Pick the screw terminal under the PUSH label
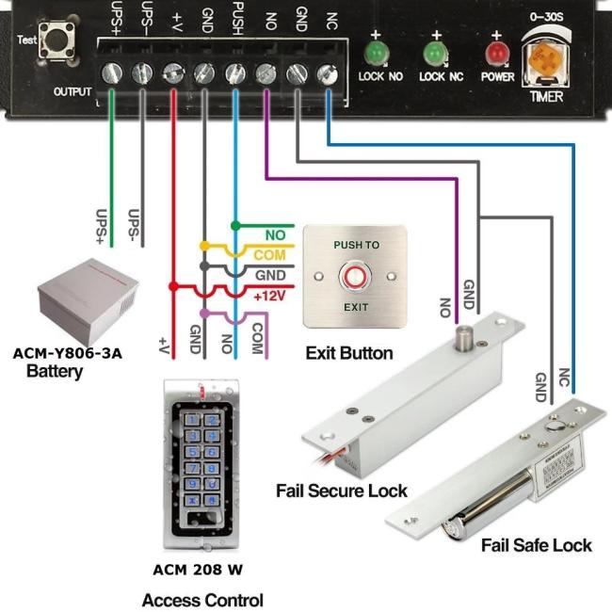pyautogui.click(x=234, y=72)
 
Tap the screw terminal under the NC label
pyautogui.click(x=326, y=72)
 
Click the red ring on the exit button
pyautogui.click(x=356, y=277)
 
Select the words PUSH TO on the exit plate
pyautogui.click(x=356, y=245)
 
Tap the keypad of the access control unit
pyautogui.click(x=202, y=458)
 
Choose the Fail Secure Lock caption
pyautogui.click(x=341, y=491)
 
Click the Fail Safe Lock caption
pyautogui.click(x=536, y=544)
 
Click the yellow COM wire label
pyautogui.click(x=269, y=255)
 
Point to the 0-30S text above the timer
pyautogui.click(x=545, y=16)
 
